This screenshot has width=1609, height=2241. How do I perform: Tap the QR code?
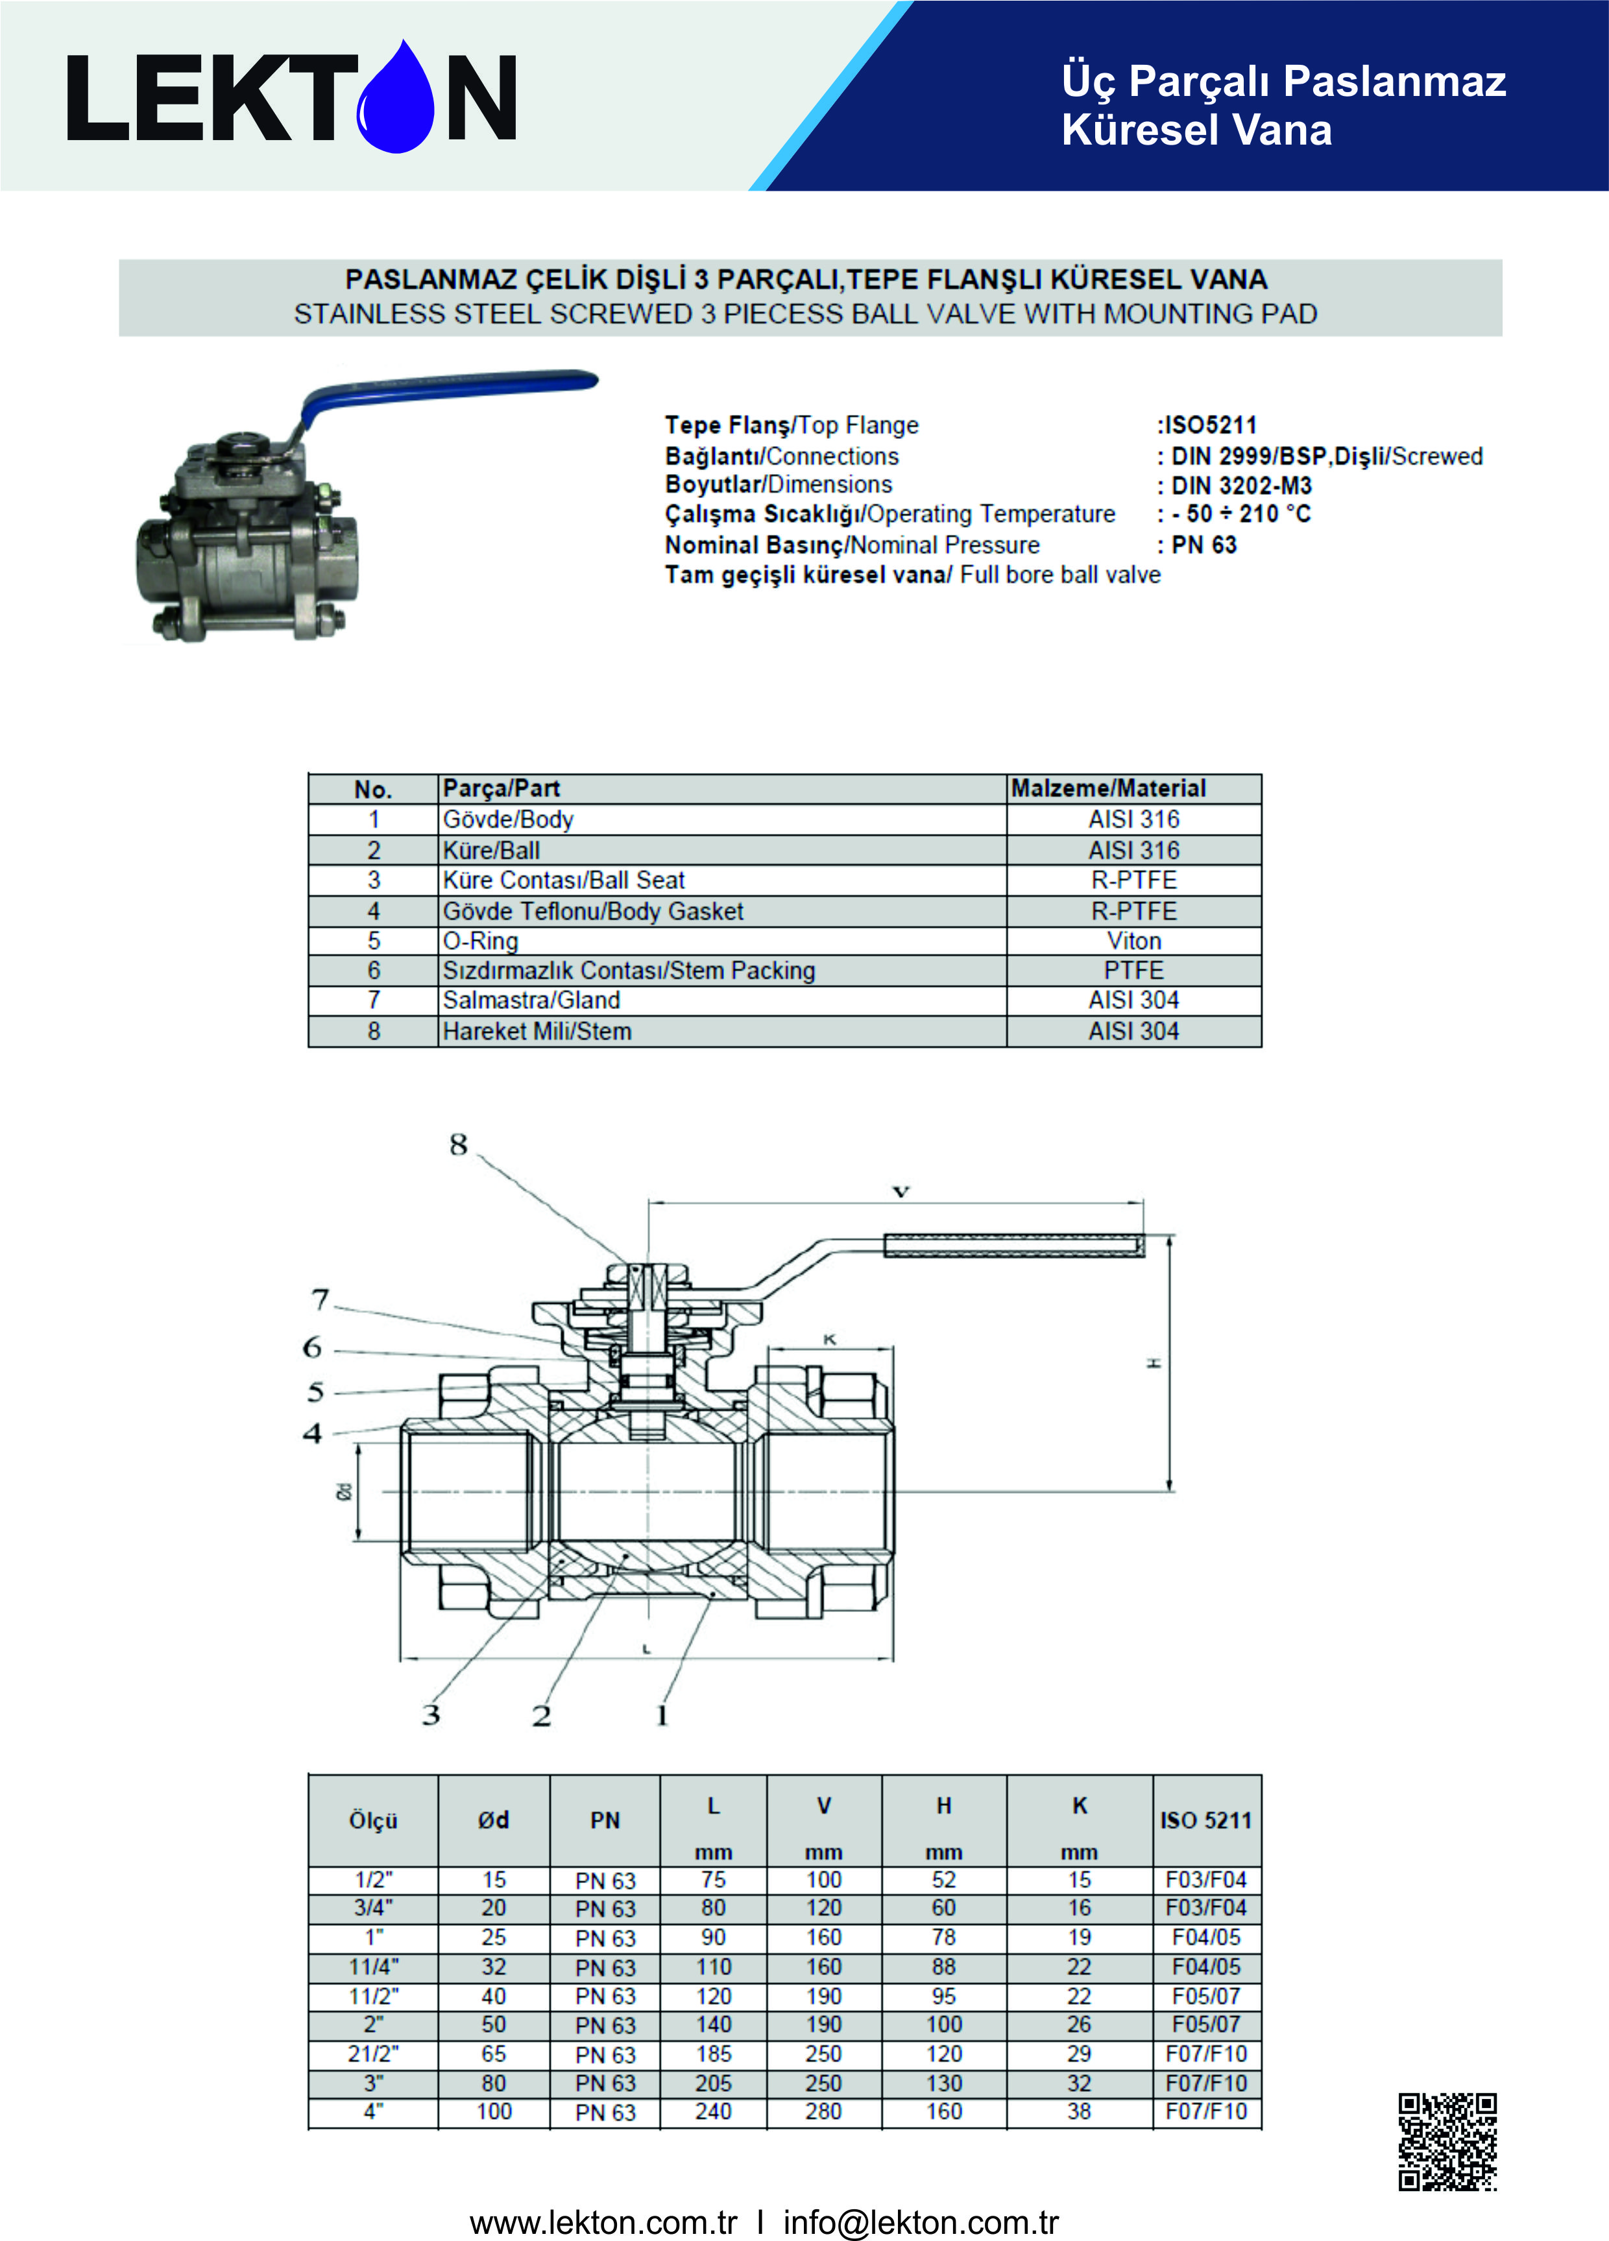pyautogui.click(x=1447, y=2141)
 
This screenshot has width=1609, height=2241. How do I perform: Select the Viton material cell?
pyautogui.click(x=1133, y=941)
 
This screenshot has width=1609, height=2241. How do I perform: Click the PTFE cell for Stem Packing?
pyautogui.click(x=1133, y=970)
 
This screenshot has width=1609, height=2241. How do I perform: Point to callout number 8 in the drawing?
pyautogui.click(x=457, y=1145)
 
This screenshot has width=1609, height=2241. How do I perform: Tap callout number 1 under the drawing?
pyautogui.click(x=662, y=1715)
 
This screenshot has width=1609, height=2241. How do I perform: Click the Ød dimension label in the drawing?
pyautogui.click(x=344, y=1491)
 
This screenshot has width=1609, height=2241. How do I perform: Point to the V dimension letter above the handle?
pyautogui.click(x=901, y=1192)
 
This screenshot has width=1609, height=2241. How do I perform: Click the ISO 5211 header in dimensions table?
pyautogui.click(x=1205, y=1820)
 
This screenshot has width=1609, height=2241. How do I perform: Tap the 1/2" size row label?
pyautogui.click(x=374, y=1879)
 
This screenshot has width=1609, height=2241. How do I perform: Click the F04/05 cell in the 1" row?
pyautogui.click(x=1205, y=1938)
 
